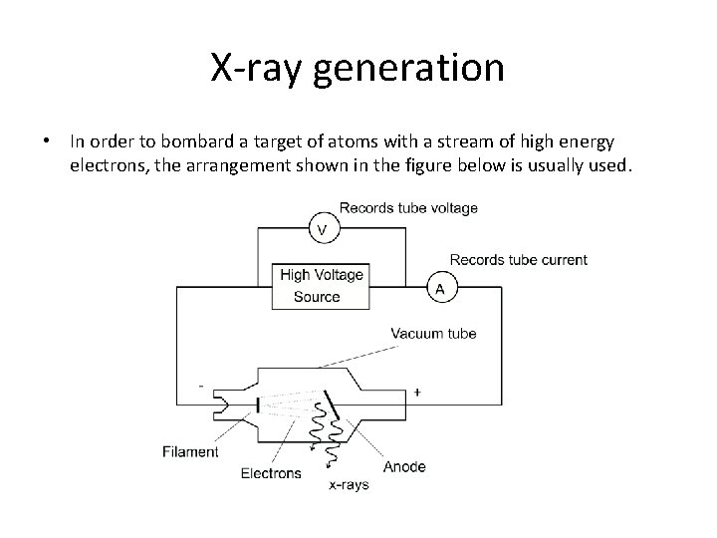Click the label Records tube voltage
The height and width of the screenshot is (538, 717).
click(x=408, y=208)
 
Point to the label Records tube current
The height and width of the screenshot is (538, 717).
click(x=519, y=260)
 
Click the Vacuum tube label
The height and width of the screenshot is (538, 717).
click(x=433, y=333)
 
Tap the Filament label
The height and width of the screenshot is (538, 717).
click(x=190, y=451)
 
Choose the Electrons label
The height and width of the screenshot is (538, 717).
click(x=271, y=473)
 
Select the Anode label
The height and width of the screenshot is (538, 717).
click(x=404, y=466)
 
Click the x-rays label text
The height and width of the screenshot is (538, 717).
click(x=349, y=484)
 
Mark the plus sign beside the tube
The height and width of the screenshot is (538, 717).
click(x=417, y=393)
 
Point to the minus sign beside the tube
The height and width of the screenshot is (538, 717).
click(x=201, y=387)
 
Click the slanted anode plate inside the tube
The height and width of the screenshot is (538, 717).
click(x=332, y=404)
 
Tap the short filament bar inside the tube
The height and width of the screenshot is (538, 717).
click(x=258, y=404)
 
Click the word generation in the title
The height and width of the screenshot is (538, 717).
click(x=408, y=69)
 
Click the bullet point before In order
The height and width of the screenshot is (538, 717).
click(x=46, y=140)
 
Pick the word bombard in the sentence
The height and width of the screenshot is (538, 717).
click(x=197, y=141)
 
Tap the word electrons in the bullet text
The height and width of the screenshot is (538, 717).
click(x=110, y=165)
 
